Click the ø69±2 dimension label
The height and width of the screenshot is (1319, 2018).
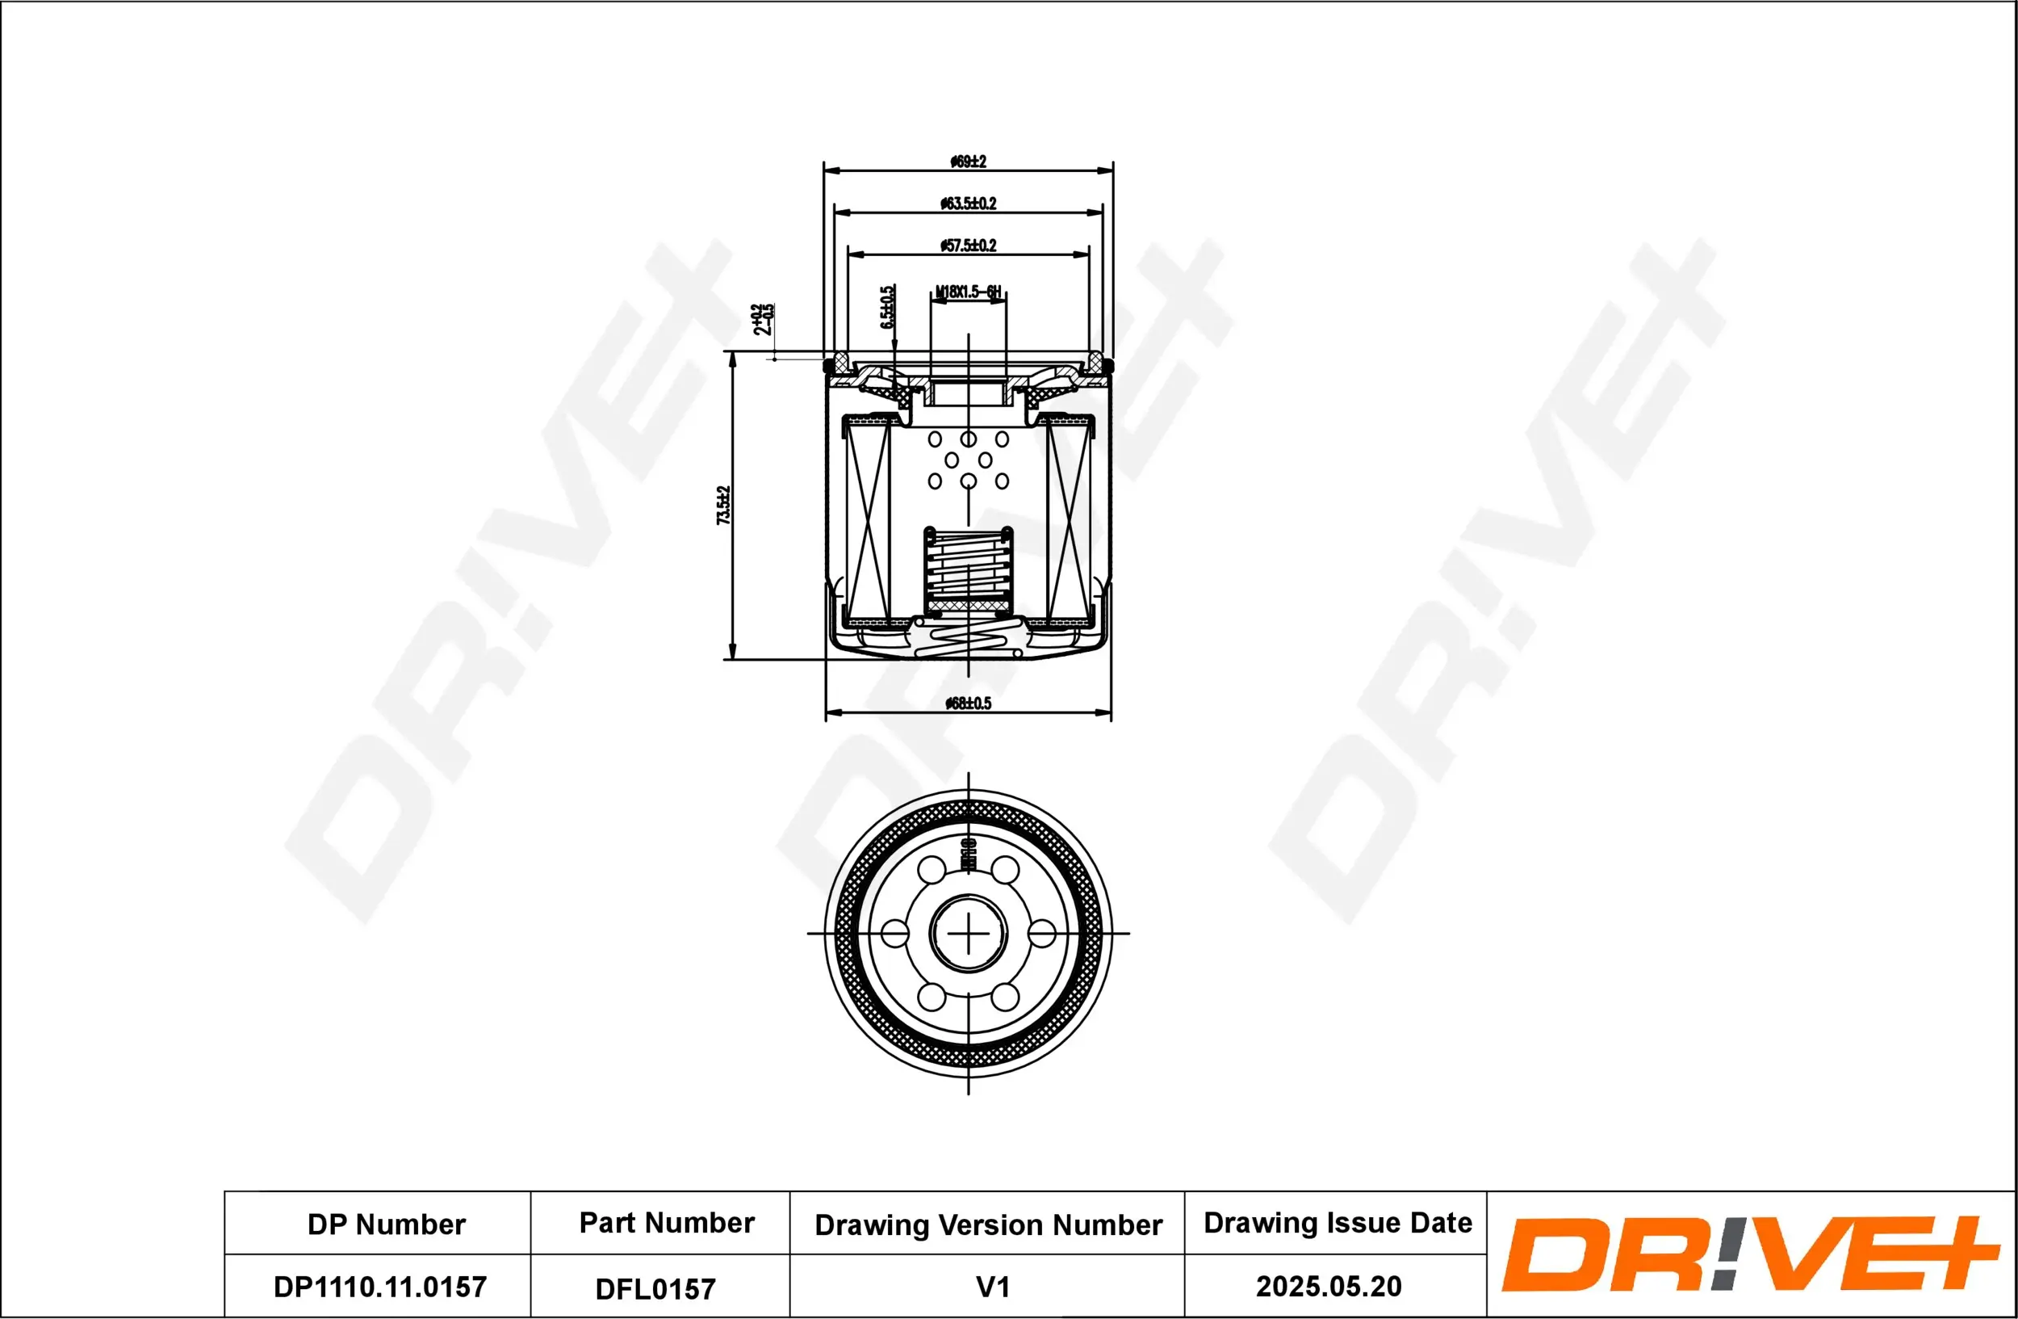pyautogui.click(x=968, y=162)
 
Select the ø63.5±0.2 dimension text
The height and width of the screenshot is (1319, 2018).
pyautogui.click(x=968, y=204)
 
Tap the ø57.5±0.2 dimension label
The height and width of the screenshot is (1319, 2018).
pyautogui.click(x=968, y=246)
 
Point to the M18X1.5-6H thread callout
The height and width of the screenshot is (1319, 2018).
pyautogui.click(x=968, y=292)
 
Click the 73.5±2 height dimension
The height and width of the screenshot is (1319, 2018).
pyautogui.click(x=723, y=505)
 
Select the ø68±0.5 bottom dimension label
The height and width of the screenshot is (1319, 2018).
pyautogui.click(x=968, y=704)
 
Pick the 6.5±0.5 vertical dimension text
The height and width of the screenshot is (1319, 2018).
pyautogui.click(x=887, y=307)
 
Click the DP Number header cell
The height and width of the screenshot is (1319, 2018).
pyautogui.click(x=386, y=1224)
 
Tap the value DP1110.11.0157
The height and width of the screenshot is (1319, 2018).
pyautogui.click(x=380, y=1287)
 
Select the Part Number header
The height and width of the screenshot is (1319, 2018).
pyautogui.click(x=667, y=1222)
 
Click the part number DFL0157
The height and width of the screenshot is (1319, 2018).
pyautogui.click(x=655, y=1288)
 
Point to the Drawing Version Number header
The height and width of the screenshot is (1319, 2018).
pyautogui.click(x=988, y=1224)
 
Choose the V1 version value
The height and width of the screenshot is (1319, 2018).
pyautogui.click(x=993, y=1287)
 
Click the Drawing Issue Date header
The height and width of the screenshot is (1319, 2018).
pyautogui.click(x=1338, y=1222)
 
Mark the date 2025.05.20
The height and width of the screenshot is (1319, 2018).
pyautogui.click(x=1329, y=1286)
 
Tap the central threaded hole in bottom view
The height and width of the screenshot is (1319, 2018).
pyautogui.click(x=968, y=933)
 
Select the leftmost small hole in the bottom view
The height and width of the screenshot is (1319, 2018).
pyautogui.click(x=894, y=933)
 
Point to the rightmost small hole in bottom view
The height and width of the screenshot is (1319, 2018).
pyautogui.click(x=1041, y=933)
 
